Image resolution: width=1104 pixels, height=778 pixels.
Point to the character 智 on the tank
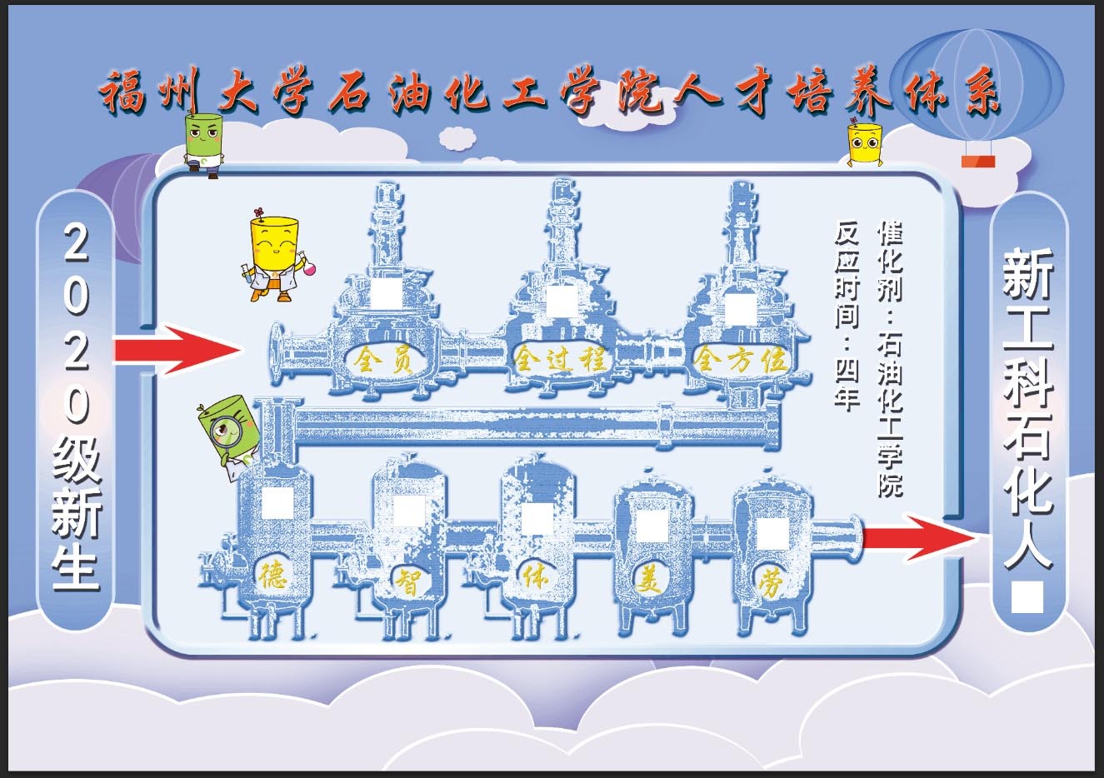(x=406, y=578)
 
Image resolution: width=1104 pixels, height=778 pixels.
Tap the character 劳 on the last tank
(x=770, y=583)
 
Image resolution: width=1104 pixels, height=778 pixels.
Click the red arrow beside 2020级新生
(x=176, y=349)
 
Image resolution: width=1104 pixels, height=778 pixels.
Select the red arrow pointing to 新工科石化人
(x=917, y=537)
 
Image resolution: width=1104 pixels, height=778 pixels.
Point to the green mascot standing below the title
(x=204, y=143)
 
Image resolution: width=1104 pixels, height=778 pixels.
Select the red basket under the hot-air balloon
(x=979, y=160)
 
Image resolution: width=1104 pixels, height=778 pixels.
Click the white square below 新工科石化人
(x=1027, y=597)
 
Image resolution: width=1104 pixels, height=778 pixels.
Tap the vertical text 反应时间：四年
(x=847, y=315)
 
